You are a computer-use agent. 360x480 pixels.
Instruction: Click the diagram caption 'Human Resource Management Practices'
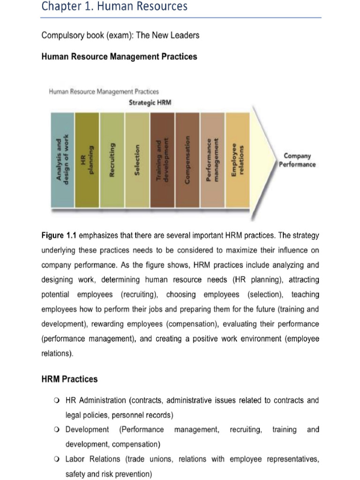[104, 91]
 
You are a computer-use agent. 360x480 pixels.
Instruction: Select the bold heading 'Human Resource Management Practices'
[119, 57]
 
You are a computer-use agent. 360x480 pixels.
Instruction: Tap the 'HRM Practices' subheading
[69, 379]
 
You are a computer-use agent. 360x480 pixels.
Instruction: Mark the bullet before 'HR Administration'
[57, 401]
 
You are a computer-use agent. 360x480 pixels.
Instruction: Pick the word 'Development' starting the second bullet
[87, 430]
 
